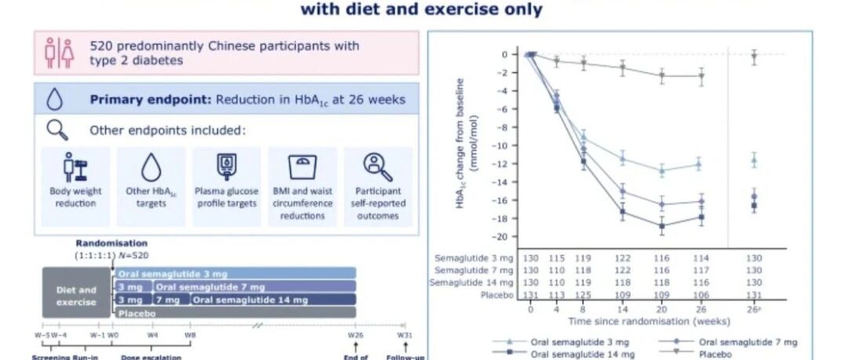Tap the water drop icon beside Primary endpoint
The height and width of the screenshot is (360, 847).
[55, 100]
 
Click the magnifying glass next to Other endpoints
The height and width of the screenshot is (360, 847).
[58, 129]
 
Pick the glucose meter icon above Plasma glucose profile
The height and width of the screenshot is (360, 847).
[227, 166]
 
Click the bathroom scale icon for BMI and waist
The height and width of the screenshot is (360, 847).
[302, 165]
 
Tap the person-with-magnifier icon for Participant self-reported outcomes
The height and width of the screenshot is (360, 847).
[377, 165]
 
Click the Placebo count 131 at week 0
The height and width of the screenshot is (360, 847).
[530, 295]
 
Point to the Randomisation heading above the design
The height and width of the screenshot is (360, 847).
[111, 243]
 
